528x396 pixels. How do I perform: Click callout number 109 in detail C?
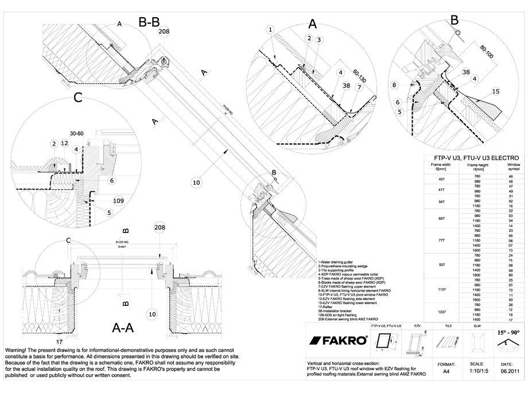[x=118, y=201]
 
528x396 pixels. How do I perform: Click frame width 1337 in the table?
[x=442, y=312]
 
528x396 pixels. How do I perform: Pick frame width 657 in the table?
[x=442, y=219]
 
